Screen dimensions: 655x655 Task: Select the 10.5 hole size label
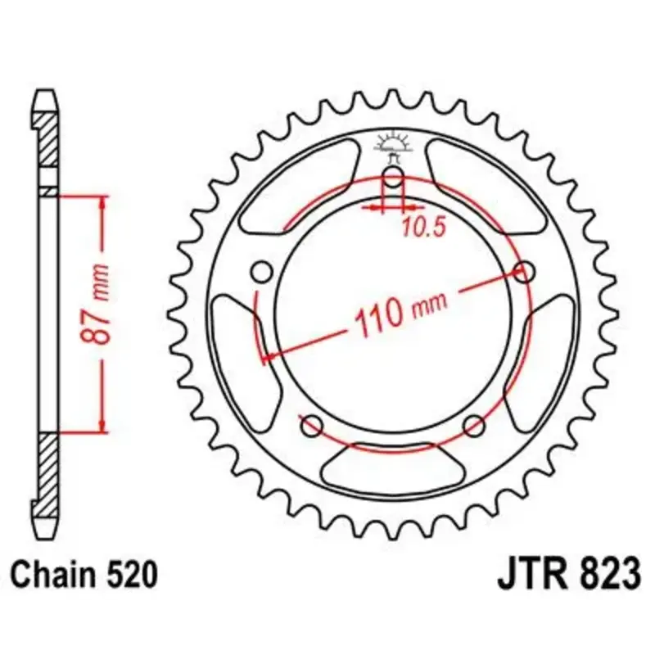pyautogui.click(x=424, y=228)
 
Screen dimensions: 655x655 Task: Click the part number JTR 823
pyautogui.click(x=568, y=575)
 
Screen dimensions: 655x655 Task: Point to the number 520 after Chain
pyautogui.click(x=132, y=575)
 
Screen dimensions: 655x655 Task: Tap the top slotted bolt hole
pyautogui.click(x=393, y=176)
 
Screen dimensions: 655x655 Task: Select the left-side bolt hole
pyautogui.click(x=262, y=273)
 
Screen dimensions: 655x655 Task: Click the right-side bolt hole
pyautogui.click(x=524, y=273)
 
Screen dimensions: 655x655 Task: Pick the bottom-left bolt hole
pyautogui.click(x=313, y=426)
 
